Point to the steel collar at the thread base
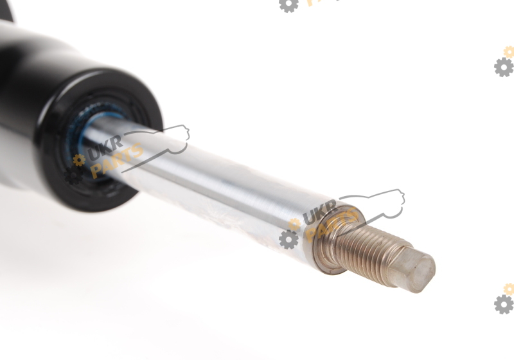coord(334,239)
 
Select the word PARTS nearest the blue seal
coord(117,161)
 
